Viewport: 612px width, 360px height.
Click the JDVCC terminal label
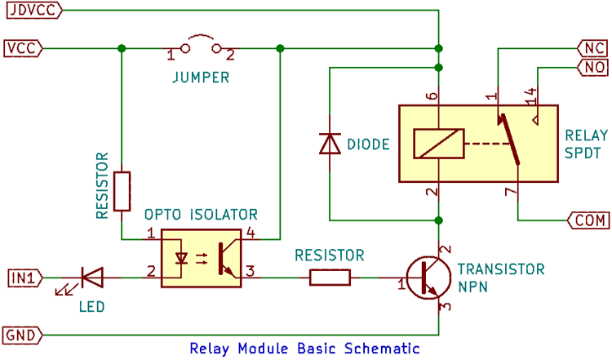coord(30,11)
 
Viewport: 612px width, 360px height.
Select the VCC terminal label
coord(23,48)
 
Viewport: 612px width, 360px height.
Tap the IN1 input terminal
coord(23,278)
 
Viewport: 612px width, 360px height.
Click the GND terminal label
coord(23,336)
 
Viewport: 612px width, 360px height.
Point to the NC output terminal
coord(590,47)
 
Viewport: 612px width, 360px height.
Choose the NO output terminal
coord(590,69)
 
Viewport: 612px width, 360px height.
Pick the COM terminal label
coord(587,220)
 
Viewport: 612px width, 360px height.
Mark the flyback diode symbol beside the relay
coord(329,144)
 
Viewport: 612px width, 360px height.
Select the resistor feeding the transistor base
coord(330,278)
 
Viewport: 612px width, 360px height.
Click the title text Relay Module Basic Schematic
coord(304,349)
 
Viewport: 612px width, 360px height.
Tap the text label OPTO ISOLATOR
coord(201,215)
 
